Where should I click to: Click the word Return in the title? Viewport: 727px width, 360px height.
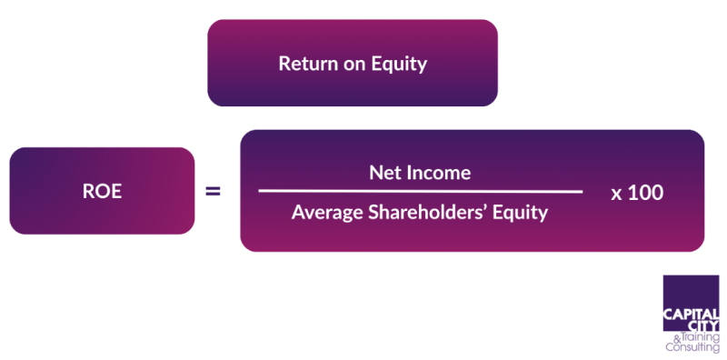point(304,64)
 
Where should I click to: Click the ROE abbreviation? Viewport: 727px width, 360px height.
point(102,192)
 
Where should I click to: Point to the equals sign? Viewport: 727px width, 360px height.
point(213,192)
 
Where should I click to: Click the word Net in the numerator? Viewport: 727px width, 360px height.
point(384,172)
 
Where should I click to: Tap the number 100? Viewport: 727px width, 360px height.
point(648,193)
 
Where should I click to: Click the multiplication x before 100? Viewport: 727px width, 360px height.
point(616,194)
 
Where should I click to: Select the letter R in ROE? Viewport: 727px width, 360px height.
point(88,192)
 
